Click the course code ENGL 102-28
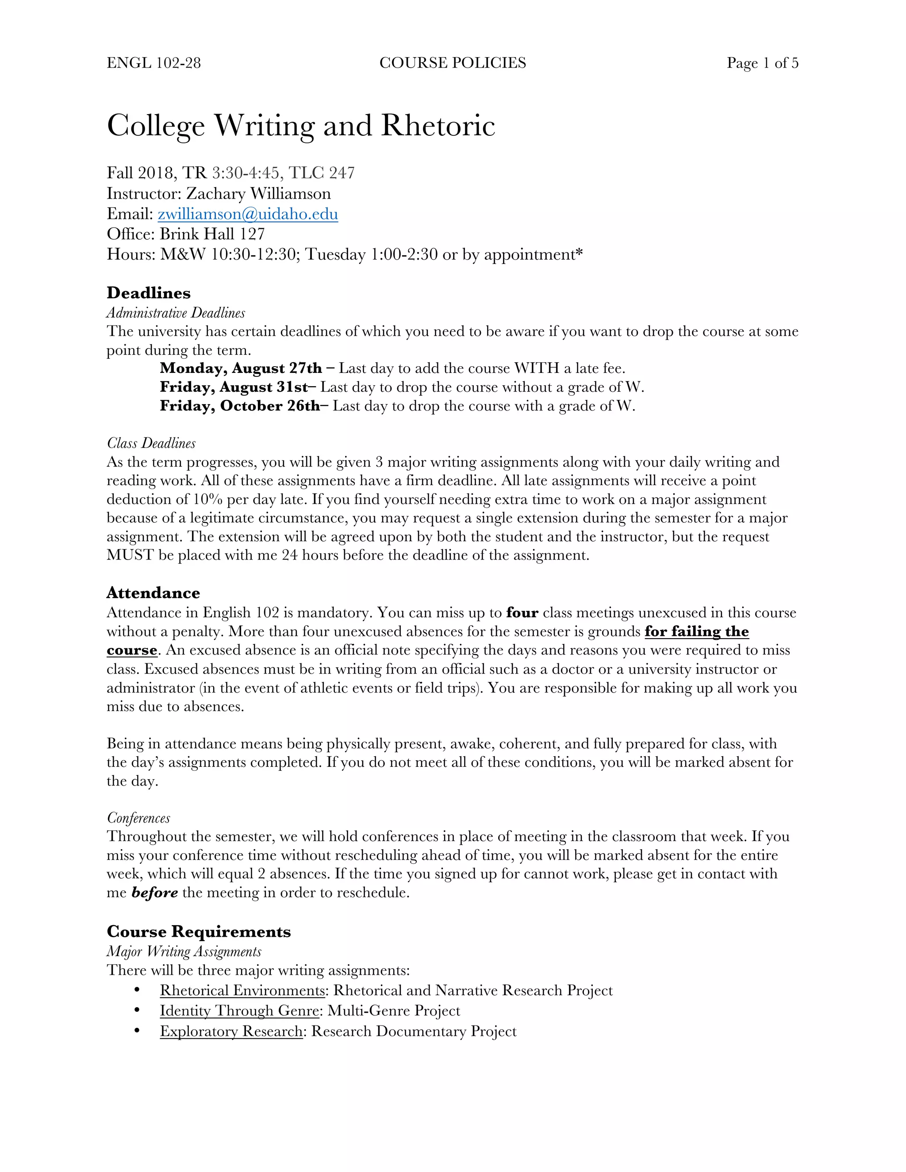click(154, 63)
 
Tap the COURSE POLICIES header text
click(453, 63)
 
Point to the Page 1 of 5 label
click(762, 63)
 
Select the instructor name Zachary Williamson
click(258, 194)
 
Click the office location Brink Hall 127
click(212, 234)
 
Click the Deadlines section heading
click(149, 293)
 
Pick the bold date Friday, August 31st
click(234, 387)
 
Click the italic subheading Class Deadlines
click(151, 443)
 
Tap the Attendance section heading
click(153, 593)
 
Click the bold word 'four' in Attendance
click(522, 613)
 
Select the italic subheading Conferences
click(138, 818)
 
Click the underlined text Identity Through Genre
click(239, 1011)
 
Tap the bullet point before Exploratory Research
click(138, 1031)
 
